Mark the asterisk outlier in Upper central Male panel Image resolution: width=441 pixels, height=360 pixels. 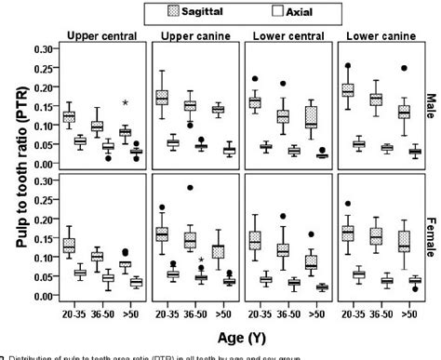click(x=125, y=102)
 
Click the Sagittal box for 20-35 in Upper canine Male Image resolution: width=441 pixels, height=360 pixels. click(x=162, y=98)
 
